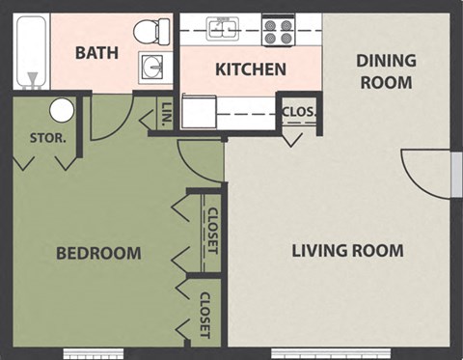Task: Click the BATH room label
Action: (97, 52)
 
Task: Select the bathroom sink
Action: (152, 67)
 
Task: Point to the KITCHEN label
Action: (250, 69)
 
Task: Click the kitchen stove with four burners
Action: (279, 32)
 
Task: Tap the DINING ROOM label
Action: (386, 71)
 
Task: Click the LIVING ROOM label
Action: (347, 251)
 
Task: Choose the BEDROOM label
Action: (98, 254)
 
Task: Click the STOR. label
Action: (47, 137)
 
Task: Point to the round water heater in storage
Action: (62, 110)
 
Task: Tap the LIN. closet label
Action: (166, 114)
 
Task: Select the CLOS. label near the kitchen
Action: (298, 110)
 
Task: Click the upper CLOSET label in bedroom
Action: (212, 231)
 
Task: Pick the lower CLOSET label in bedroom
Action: (204, 316)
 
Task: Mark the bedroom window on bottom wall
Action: (95, 353)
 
